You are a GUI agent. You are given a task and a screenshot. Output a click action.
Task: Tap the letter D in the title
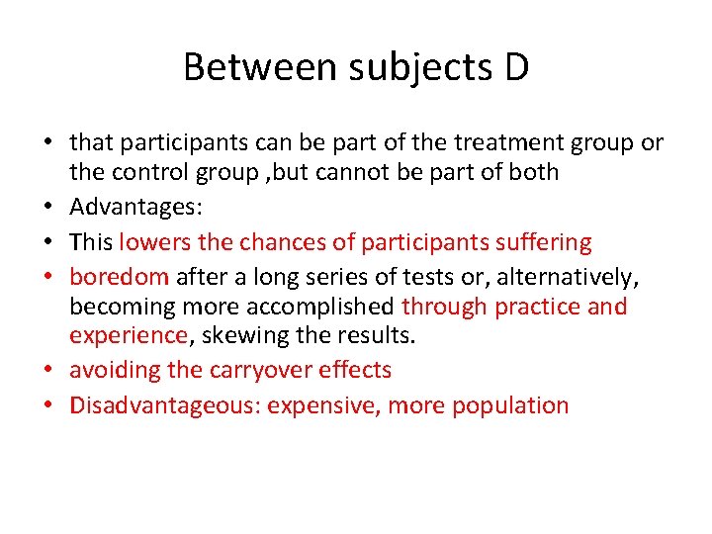point(515,67)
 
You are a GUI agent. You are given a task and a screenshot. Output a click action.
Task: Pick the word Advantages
point(133,207)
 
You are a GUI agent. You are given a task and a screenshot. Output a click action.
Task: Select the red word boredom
point(119,278)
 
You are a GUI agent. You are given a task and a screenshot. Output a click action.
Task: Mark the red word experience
point(128,335)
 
